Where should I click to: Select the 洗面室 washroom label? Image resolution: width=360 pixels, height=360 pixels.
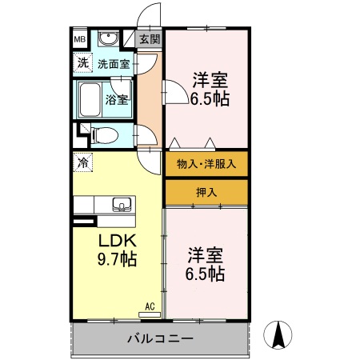[114, 63]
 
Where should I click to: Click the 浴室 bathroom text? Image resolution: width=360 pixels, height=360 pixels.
[117, 100]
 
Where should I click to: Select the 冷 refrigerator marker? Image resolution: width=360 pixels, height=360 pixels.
[82, 162]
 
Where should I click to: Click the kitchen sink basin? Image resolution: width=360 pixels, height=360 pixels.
[121, 202]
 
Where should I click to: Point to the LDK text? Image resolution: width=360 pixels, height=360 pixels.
[118, 241]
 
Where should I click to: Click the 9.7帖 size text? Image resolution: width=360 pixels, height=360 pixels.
[117, 259]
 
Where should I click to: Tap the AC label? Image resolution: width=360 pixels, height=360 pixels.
[150, 305]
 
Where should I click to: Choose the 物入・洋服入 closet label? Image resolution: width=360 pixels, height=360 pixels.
[206, 164]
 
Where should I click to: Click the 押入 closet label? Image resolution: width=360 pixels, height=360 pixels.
[206, 192]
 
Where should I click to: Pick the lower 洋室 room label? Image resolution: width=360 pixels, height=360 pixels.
[206, 255]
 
